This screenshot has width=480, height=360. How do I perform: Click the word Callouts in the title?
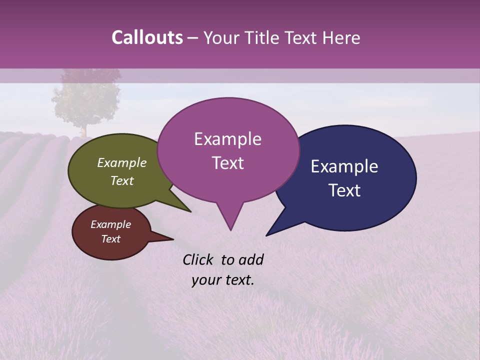[147, 37]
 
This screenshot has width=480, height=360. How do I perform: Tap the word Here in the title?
[342, 38]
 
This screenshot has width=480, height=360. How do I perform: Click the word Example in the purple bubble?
[227, 139]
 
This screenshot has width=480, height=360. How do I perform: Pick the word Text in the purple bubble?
[227, 163]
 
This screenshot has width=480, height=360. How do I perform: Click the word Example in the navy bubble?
[344, 166]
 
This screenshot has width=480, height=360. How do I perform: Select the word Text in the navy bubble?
[344, 190]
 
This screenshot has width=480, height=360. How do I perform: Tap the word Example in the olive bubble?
[122, 162]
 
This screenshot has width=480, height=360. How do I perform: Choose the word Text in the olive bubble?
[122, 180]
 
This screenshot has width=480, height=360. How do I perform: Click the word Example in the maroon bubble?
[110, 224]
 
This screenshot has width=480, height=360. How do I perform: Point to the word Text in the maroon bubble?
[110, 239]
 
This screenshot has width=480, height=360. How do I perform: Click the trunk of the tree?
[84, 131]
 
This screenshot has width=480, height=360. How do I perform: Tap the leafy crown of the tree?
[86, 97]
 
